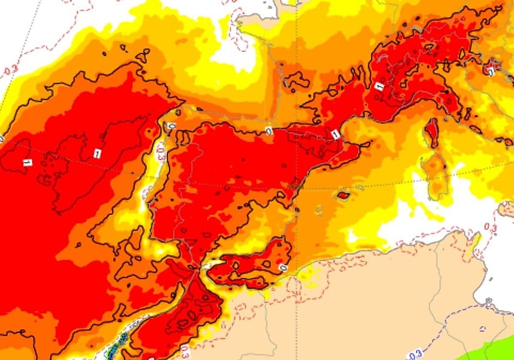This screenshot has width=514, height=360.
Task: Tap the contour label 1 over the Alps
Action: [x=379, y=86]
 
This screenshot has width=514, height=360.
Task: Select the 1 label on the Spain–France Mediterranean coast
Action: [x=336, y=135]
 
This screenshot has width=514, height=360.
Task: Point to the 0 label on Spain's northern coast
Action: [x=269, y=132]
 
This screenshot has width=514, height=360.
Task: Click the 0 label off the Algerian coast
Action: [x=283, y=268]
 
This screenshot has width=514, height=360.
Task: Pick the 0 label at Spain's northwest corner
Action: [x=171, y=126]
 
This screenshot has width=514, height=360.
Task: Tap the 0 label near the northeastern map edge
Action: [x=491, y=72]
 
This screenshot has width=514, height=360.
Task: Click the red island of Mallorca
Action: [x=343, y=196]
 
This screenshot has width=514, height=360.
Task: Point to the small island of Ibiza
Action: [x=318, y=210]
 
